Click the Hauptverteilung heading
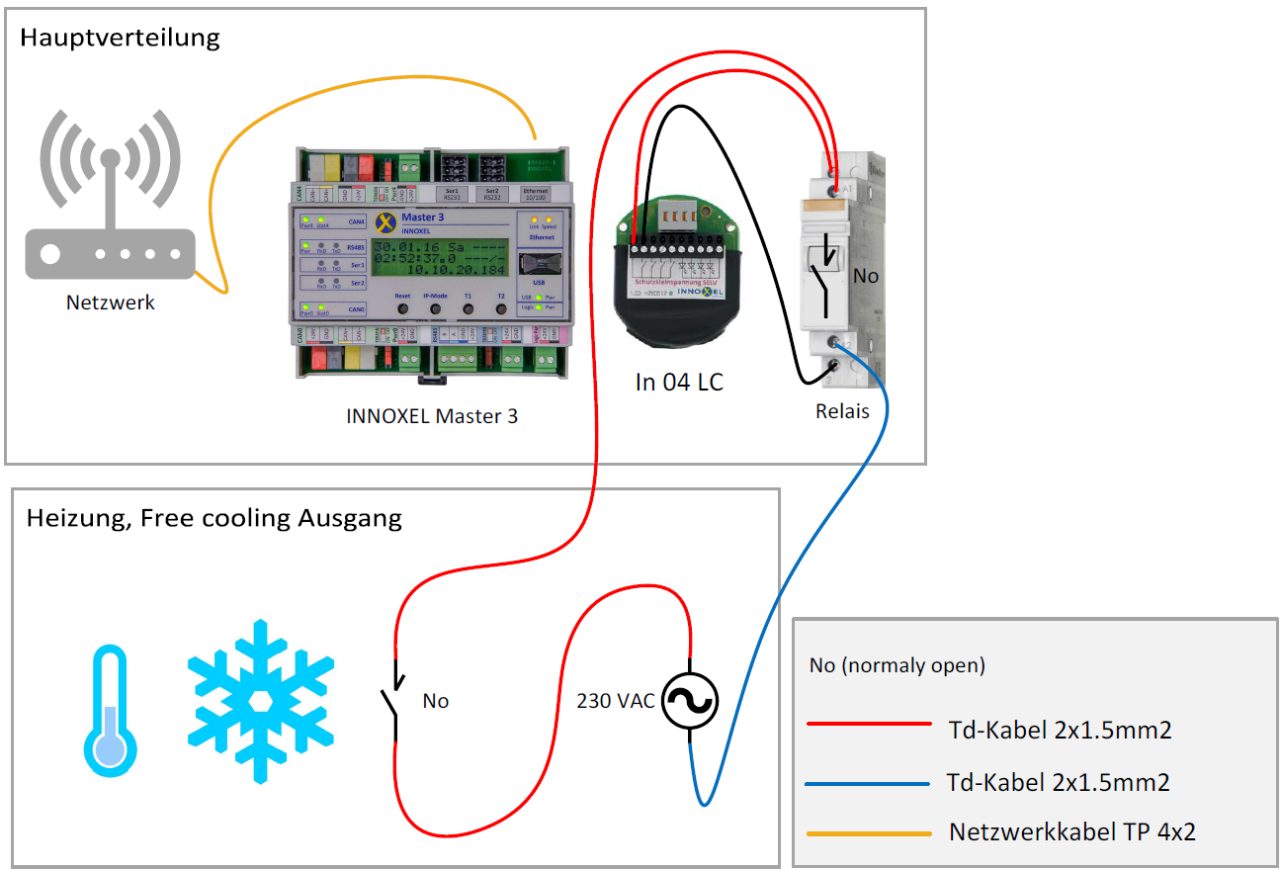(120, 39)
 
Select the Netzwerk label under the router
(111, 303)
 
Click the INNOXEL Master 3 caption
(432, 416)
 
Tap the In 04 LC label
(679, 383)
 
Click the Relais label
(842, 410)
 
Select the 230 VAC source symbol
(689, 701)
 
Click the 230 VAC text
(616, 701)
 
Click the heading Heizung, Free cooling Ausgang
(214, 518)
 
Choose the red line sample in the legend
(869, 724)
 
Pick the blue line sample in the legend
(868, 784)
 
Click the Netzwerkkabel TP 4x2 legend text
(1071, 831)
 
